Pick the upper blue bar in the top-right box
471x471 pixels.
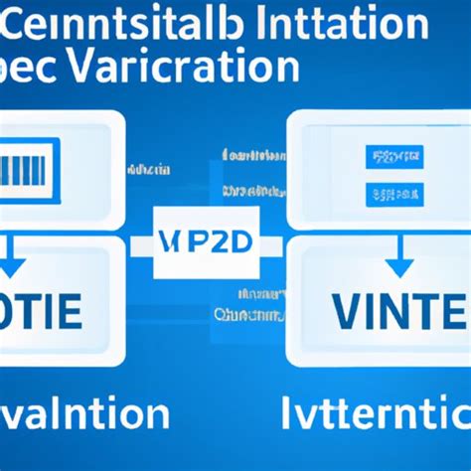click(394, 156)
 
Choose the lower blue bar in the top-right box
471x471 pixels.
click(394, 191)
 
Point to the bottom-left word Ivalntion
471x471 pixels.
click(75, 410)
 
